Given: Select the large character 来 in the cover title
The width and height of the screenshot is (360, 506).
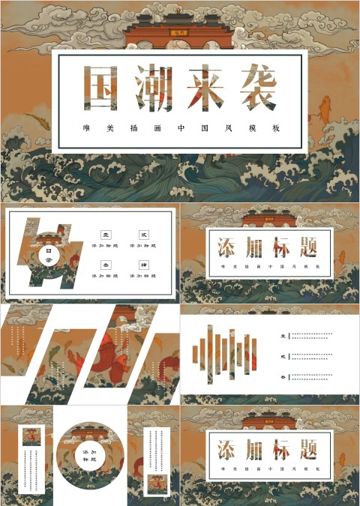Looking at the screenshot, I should tap(203, 88).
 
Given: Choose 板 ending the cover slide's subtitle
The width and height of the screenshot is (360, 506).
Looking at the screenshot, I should tap(277, 128).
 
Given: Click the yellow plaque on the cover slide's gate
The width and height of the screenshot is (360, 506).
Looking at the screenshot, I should tap(180, 32).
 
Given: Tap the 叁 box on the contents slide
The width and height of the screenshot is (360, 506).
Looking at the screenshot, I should tap(106, 265).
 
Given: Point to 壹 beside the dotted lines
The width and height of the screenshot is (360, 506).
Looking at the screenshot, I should tap(282, 335).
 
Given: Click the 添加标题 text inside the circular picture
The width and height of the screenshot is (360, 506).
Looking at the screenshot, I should tap(89, 456).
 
